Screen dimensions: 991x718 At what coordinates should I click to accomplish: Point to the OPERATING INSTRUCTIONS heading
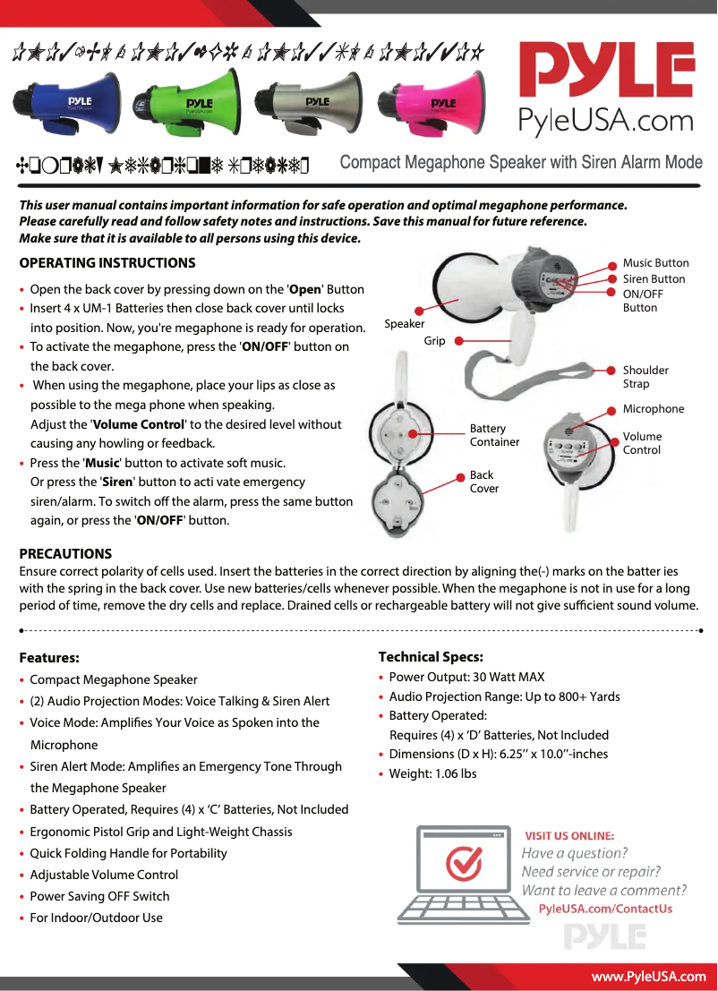click(107, 263)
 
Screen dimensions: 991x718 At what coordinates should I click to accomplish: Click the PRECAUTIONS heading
click(65, 554)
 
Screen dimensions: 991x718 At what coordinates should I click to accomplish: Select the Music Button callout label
click(655, 263)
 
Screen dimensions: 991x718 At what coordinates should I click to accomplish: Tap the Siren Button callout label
click(654, 279)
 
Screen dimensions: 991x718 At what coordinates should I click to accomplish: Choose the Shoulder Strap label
click(645, 377)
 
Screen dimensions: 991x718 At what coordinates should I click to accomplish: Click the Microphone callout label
click(653, 409)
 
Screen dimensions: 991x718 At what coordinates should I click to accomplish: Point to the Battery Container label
click(494, 435)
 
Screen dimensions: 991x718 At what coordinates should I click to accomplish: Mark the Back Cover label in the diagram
click(483, 482)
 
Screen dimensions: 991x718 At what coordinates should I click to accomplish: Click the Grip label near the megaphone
click(434, 341)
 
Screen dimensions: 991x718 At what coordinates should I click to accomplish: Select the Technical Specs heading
click(431, 657)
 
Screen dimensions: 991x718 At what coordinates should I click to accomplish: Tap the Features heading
click(49, 658)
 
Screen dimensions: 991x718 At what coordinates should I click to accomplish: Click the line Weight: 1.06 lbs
click(432, 773)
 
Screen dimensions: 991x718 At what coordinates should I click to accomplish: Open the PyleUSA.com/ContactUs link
click(605, 909)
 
